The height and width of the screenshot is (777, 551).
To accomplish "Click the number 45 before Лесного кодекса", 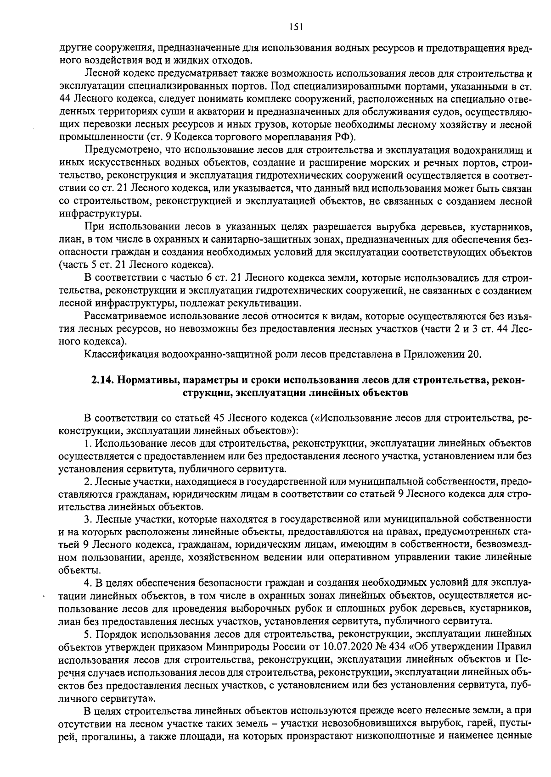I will click(x=219, y=418).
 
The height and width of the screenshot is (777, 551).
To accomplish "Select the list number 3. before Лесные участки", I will click(x=88, y=519).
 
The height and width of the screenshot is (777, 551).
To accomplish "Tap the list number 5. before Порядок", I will click(x=88, y=634).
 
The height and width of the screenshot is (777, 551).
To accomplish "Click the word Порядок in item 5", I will click(x=112, y=634).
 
